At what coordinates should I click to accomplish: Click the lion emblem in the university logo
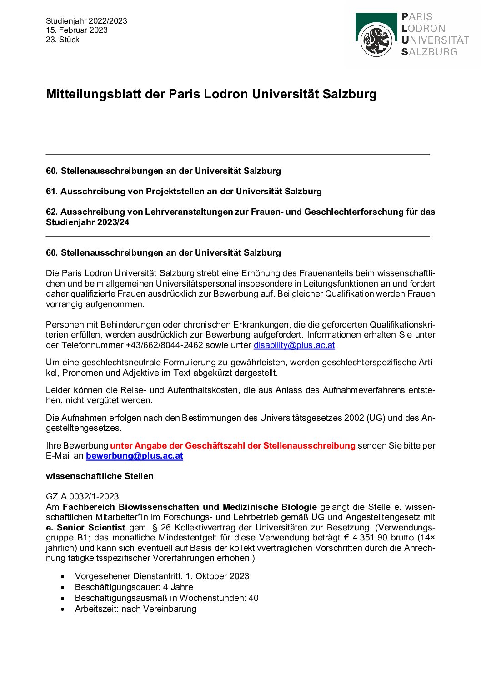click(376, 41)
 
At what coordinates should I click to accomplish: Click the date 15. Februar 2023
click(77, 30)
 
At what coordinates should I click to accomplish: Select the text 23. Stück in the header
click(63, 40)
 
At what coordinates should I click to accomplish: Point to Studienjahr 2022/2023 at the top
click(86, 21)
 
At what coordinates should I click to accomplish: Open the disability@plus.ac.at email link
click(294, 345)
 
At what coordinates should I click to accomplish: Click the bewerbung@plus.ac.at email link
click(134, 455)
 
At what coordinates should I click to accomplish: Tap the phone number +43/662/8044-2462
click(164, 345)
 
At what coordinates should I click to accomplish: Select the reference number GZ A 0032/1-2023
click(82, 496)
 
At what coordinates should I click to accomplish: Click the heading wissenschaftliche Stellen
click(100, 476)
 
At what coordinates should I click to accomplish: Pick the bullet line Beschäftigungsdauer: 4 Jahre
click(134, 587)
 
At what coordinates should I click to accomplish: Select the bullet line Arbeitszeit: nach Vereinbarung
click(135, 609)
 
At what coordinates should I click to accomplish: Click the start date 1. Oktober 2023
click(217, 576)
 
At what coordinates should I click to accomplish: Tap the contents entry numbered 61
click(184, 191)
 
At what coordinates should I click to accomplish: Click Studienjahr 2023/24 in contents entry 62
click(87, 222)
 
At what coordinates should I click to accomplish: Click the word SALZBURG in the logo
click(429, 52)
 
